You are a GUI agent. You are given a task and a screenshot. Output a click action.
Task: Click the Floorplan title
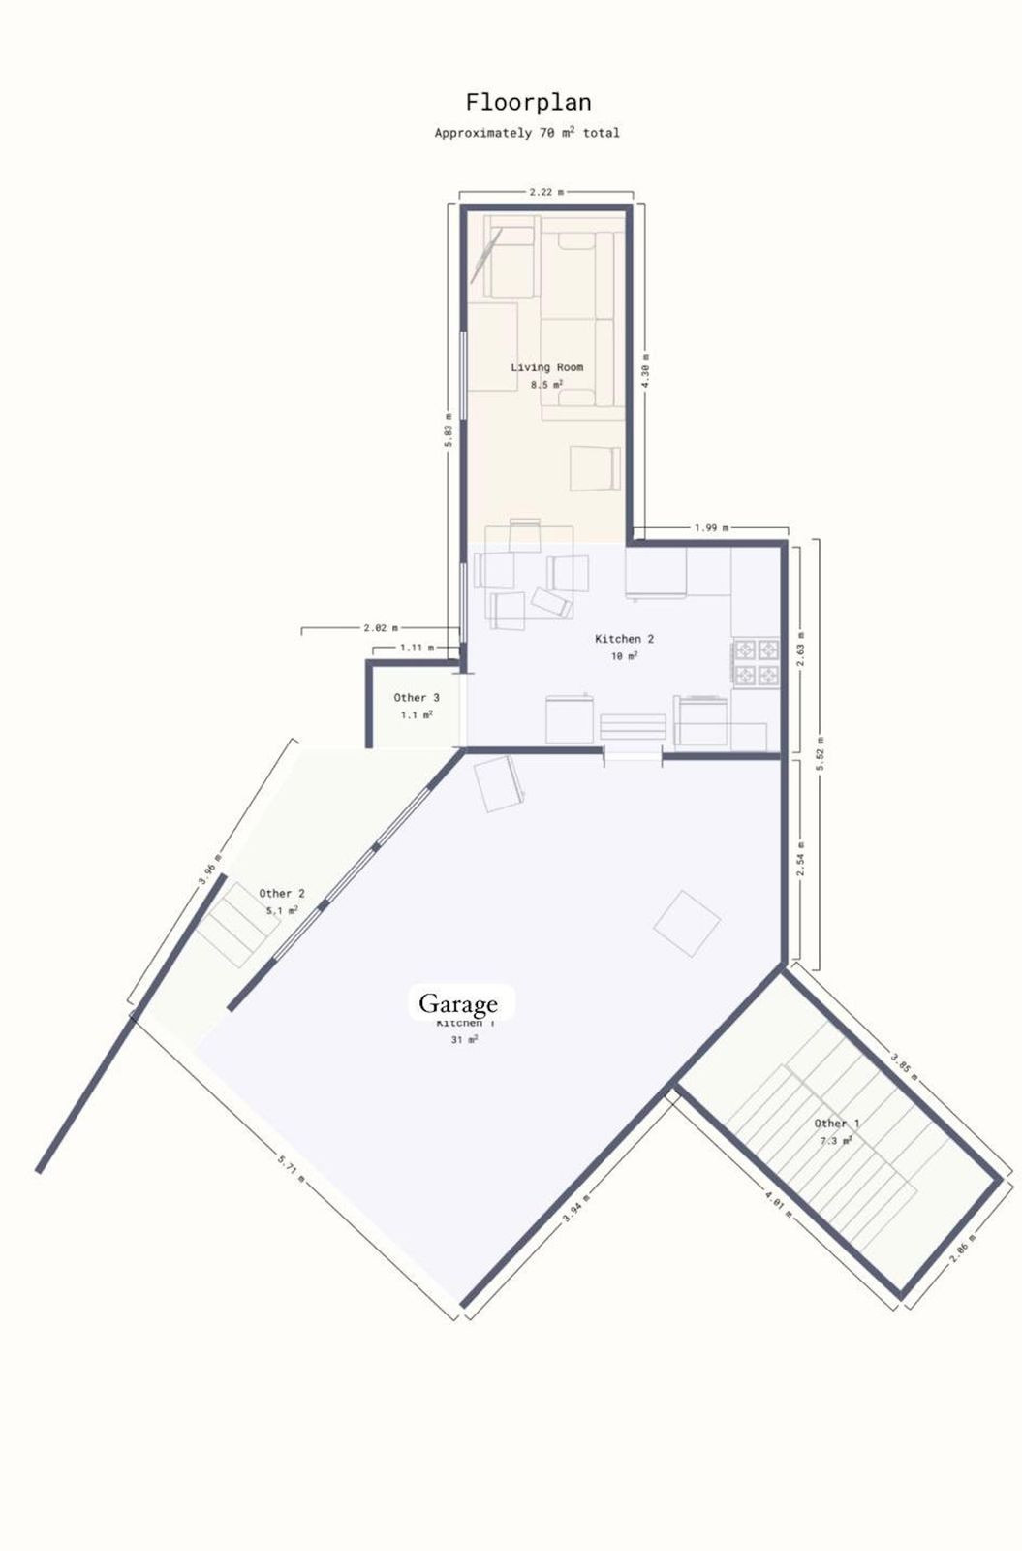(x=528, y=103)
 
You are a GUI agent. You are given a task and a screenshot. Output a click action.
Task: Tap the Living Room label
(x=546, y=367)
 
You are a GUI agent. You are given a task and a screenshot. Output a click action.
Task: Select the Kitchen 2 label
(x=624, y=639)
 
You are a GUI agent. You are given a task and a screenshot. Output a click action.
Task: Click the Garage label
(x=458, y=1003)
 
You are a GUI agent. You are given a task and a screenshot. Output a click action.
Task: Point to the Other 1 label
(x=837, y=1124)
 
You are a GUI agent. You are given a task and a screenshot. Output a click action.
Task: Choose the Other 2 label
(x=282, y=894)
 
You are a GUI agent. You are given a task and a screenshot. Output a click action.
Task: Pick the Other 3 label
(x=417, y=698)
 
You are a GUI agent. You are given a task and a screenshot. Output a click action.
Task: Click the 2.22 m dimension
(x=546, y=192)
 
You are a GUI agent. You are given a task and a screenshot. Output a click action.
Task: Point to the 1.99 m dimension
(x=711, y=528)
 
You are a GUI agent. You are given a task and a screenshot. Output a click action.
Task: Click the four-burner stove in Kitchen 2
(x=756, y=661)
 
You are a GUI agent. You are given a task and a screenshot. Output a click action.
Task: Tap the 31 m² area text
(x=464, y=1040)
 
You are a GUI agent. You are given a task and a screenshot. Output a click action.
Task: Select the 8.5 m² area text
(x=546, y=385)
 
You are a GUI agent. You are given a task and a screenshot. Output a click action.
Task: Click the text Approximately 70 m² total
(x=527, y=133)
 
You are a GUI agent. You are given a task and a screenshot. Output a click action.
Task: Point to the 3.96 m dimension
(x=209, y=869)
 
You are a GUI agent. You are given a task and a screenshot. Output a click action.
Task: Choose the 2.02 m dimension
(x=380, y=628)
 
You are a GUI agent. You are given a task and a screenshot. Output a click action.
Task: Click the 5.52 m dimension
(x=820, y=753)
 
